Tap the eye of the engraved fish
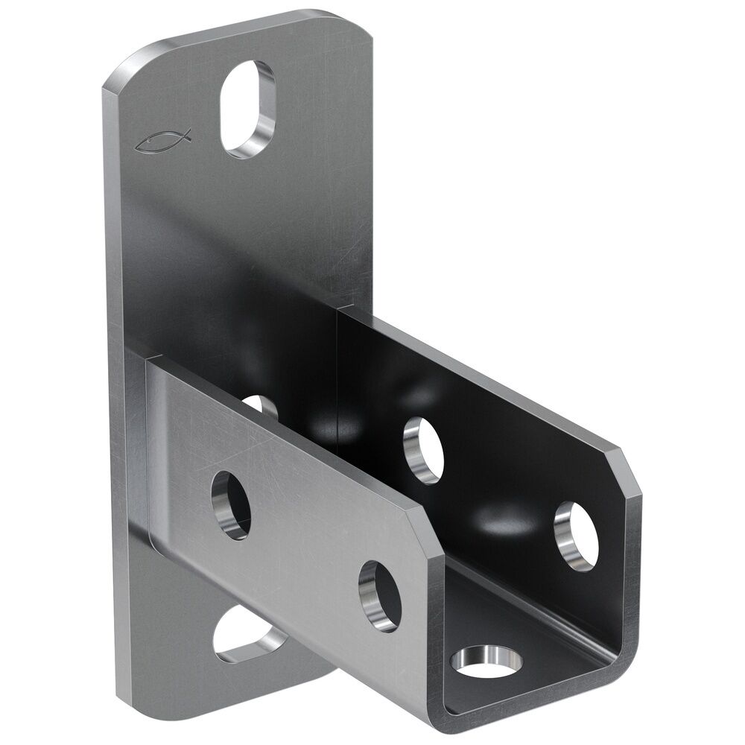pos(154,139)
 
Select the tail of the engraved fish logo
pos(186,135)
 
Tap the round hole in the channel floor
pos(489,659)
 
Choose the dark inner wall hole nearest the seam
pos(423,448)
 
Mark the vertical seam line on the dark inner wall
pos(339,372)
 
